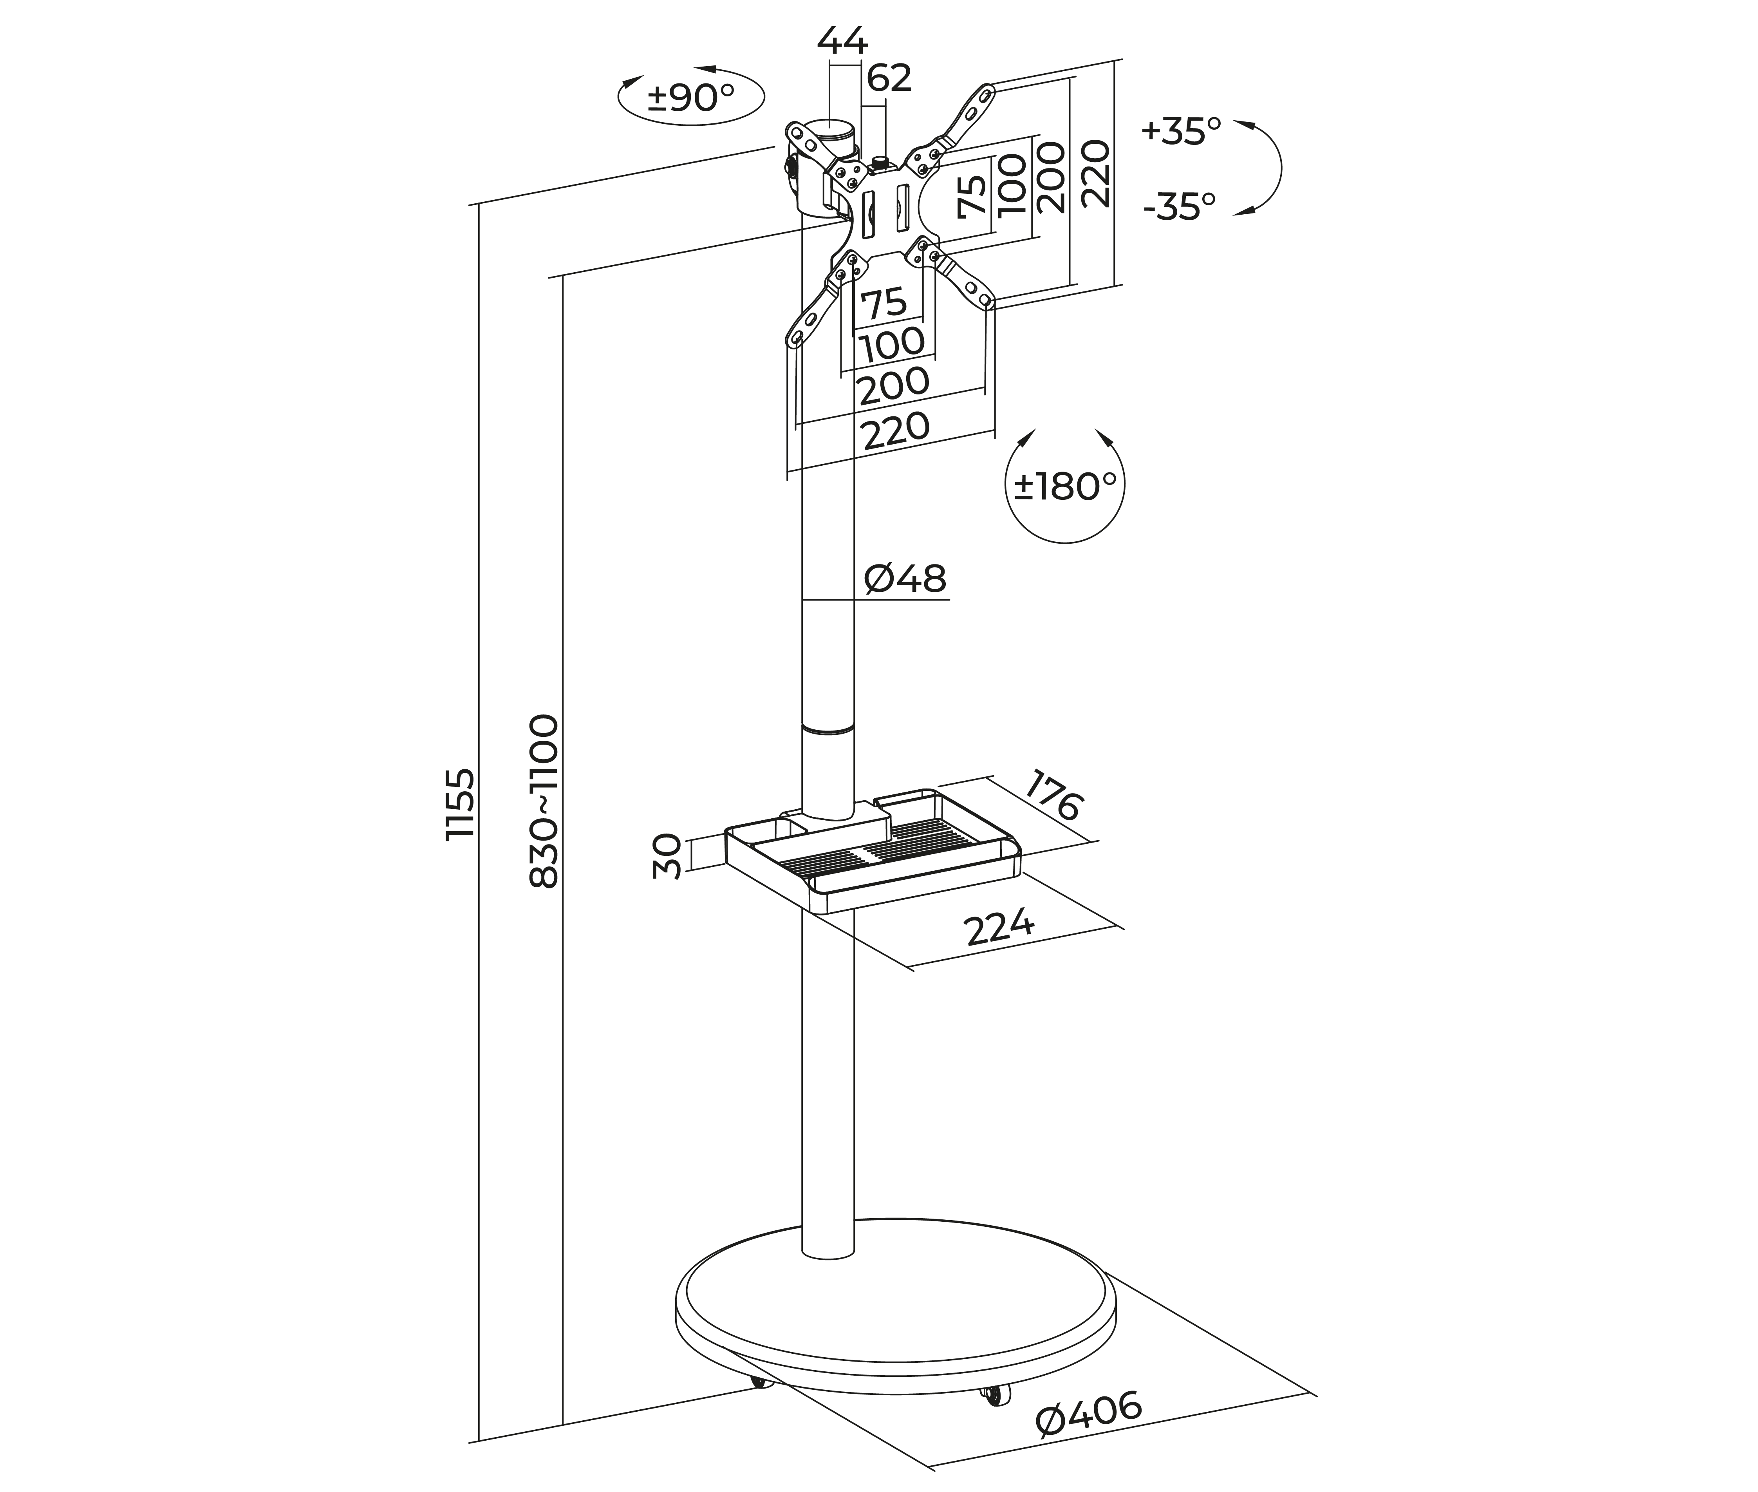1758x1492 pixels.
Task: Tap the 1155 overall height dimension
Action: pyautogui.click(x=461, y=803)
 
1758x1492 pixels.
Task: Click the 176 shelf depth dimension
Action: pyautogui.click(x=1053, y=795)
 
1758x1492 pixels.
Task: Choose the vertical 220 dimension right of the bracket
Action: pyautogui.click(x=1095, y=174)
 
